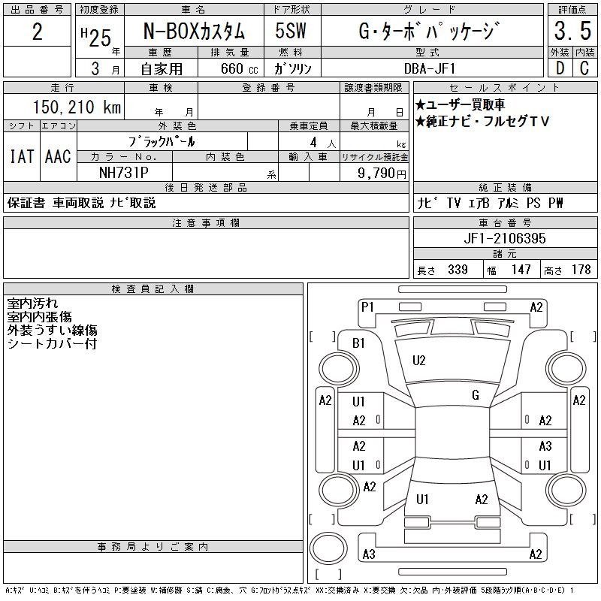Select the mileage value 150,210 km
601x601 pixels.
click(77, 107)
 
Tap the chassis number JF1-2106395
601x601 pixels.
click(505, 238)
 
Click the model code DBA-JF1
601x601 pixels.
click(430, 68)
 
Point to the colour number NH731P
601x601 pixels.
click(123, 173)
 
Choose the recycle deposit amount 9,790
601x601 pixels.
click(376, 173)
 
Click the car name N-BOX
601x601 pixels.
click(171, 31)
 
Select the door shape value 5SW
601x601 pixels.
click(291, 31)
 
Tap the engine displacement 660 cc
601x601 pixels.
click(239, 68)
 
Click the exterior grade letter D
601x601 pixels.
click(560, 68)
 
